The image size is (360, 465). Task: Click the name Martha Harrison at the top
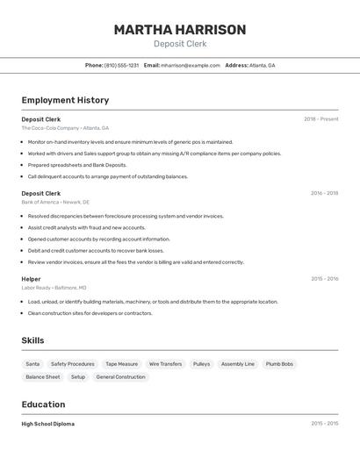[179, 30]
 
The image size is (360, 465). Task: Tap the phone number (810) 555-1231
[121, 65]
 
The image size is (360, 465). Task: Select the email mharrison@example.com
[191, 65]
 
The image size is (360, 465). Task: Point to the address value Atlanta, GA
[262, 65]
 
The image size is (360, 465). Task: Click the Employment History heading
[65, 100]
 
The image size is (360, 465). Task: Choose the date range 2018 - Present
[320, 119]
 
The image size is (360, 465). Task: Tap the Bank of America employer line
[54, 202]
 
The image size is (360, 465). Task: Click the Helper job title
[31, 279]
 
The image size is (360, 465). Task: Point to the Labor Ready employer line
[54, 288]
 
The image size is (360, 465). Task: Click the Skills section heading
[32, 340]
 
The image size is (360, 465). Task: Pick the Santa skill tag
[32, 363]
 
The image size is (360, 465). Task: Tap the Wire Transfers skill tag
[165, 363]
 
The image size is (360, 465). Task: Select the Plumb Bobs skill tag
[279, 363]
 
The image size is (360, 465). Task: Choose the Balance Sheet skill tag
[43, 376]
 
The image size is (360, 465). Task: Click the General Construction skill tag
[120, 376]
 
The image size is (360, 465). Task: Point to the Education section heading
[43, 404]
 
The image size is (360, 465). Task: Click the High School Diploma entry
[48, 424]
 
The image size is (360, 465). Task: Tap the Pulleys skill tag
[201, 363]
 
